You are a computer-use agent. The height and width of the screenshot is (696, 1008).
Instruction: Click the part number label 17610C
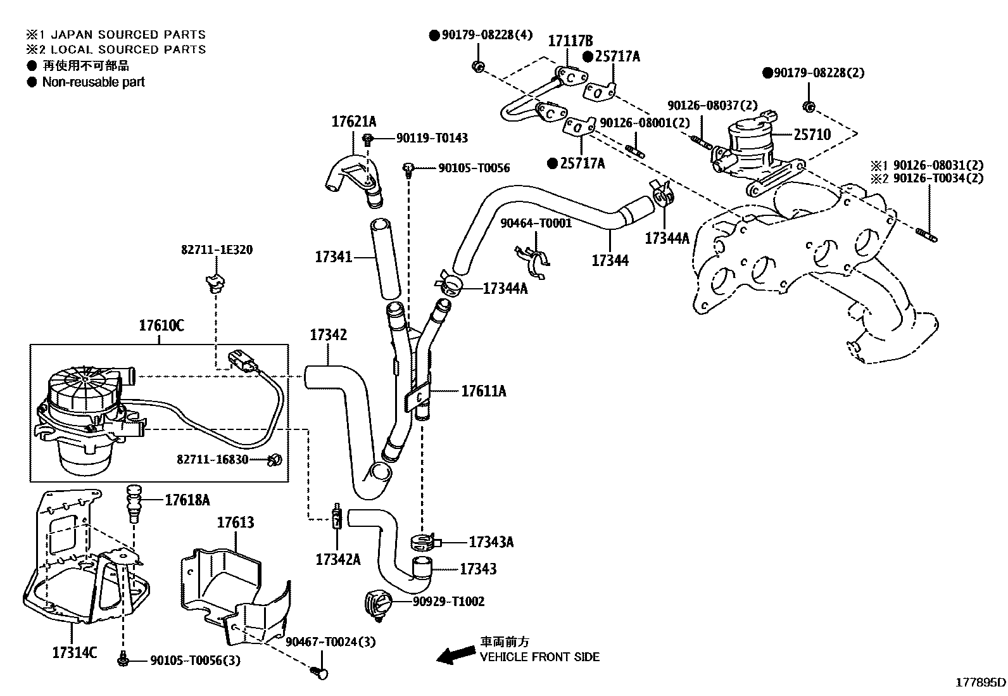[161, 326]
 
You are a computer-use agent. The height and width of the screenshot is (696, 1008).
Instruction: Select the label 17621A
[354, 120]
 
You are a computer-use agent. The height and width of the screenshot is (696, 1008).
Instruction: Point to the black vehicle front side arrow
[457, 655]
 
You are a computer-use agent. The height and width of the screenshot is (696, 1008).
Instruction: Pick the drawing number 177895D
[980, 683]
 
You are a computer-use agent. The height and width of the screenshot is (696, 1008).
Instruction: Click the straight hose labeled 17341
[386, 258]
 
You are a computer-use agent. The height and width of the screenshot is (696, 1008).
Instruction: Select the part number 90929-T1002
[448, 601]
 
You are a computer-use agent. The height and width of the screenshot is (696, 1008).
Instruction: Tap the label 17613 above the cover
[236, 522]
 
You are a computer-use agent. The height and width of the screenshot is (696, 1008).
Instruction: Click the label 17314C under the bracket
[74, 652]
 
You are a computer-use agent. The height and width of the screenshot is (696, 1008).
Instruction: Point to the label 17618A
[187, 500]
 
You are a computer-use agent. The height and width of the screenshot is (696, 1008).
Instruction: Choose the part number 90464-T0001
[536, 223]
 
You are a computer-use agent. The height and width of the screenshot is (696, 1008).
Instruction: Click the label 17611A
[483, 391]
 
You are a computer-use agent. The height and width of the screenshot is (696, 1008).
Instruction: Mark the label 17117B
[570, 41]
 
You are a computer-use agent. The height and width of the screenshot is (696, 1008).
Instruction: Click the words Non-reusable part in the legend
[93, 82]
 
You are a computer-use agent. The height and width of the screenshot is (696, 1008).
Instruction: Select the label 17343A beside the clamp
[491, 542]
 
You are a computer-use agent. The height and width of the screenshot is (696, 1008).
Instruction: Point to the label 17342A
[338, 559]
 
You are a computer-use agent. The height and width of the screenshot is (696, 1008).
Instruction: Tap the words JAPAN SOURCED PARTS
[128, 35]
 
